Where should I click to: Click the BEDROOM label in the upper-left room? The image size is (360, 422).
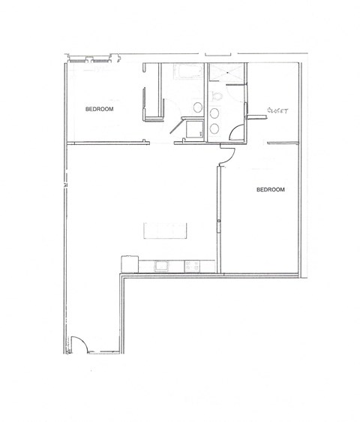coord(99,110)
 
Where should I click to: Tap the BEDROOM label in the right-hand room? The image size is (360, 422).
coord(271,190)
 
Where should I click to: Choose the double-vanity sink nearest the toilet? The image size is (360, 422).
coord(216,114)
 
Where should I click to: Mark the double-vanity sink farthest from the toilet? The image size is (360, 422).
coord(216,129)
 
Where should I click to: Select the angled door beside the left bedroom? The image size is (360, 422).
coord(178,124)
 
